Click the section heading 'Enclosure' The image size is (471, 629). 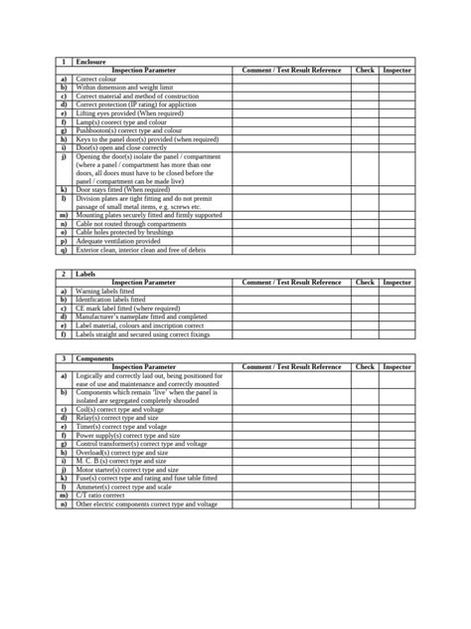[x=90, y=62]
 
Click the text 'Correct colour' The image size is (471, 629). [x=96, y=79]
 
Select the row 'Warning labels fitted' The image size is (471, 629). [x=110, y=290]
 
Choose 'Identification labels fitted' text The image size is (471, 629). [x=110, y=299]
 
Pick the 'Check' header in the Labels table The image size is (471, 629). [x=365, y=282]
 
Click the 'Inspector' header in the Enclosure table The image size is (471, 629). [x=397, y=71]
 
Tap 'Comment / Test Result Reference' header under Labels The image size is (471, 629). [x=291, y=282]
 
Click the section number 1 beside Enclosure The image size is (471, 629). [x=64, y=62]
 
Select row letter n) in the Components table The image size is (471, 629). [x=64, y=504]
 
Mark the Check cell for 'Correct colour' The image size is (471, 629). [x=365, y=79]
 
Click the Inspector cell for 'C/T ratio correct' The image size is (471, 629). [x=397, y=495]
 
